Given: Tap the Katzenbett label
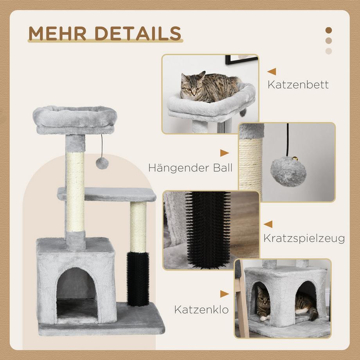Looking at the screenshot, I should tap(298, 85).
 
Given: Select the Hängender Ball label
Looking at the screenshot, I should tap(190, 168).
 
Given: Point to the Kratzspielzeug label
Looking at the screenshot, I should tap(304, 238).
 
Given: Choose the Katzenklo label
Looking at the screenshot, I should tap(201, 310).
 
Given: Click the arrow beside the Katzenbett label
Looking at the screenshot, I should tap(272, 72).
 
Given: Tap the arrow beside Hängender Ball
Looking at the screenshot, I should tap(224, 153).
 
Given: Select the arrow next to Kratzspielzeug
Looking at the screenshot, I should tap(268, 224).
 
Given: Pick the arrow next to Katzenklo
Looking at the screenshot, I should tap(224, 294).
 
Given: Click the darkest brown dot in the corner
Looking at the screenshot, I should tap(329, 30).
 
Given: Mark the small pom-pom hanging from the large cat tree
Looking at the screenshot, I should tap(102, 163).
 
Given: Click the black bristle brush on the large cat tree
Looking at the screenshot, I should tap(138, 279).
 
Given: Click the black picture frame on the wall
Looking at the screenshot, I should tap(241, 59).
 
